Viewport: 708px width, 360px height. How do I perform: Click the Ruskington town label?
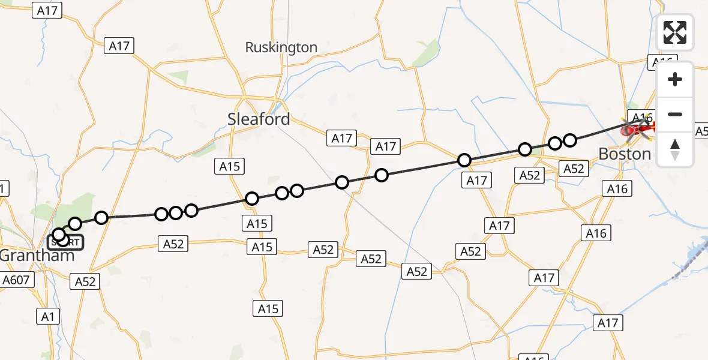281,47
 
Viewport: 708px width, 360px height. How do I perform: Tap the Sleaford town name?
259,119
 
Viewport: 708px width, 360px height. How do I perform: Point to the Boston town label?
625,154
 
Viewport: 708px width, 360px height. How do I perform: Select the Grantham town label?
37,255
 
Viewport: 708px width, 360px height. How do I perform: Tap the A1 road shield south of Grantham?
48,316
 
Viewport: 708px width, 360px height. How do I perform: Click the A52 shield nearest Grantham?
85,281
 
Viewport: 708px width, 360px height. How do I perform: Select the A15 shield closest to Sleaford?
230,167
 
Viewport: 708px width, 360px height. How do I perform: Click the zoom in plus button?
675,79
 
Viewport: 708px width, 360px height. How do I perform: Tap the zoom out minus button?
675,114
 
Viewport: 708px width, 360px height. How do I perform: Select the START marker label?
66,242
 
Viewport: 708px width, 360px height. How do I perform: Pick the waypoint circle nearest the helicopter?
570,140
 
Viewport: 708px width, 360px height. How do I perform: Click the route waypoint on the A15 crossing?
252,199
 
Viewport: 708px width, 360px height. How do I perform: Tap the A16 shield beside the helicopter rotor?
640,117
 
